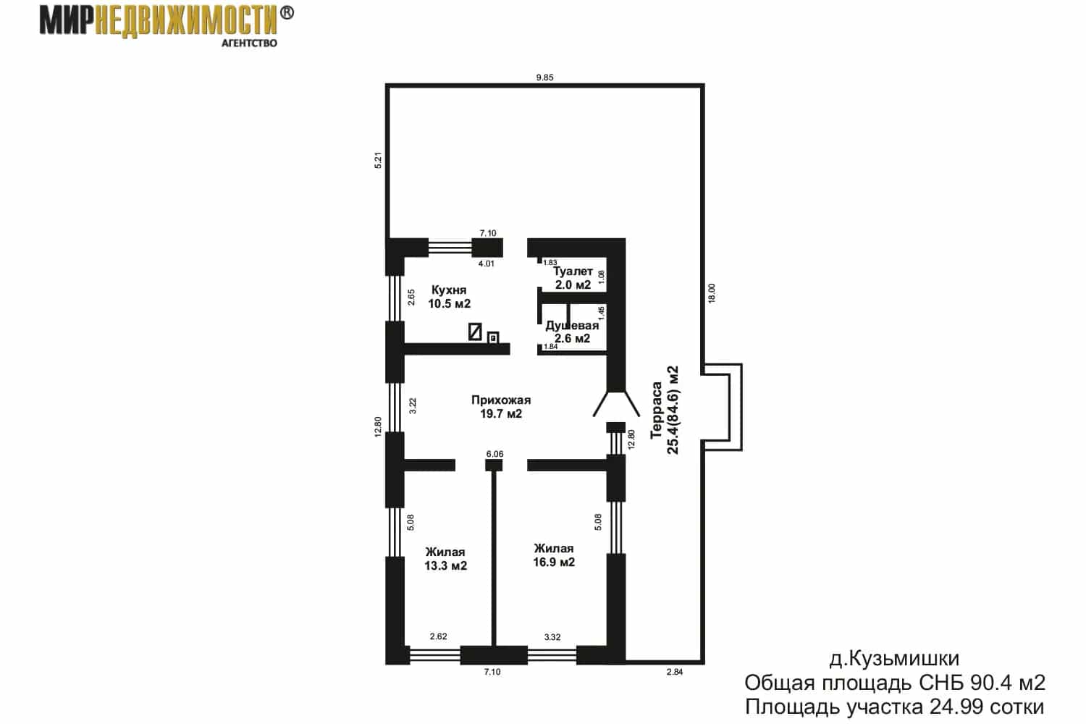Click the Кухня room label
[x=449, y=290]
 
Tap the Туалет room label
[x=573, y=271]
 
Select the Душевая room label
[x=572, y=325]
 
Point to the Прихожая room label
[x=501, y=400]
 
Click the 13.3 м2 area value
[x=445, y=566]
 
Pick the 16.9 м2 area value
[x=554, y=562]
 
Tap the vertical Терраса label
[x=656, y=411]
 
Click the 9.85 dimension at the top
[x=544, y=77]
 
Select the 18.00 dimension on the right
[x=711, y=293]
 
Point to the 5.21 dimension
[x=378, y=160]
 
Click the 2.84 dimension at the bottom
[x=674, y=672]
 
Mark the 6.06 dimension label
[x=494, y=454]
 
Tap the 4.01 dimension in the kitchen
[x=486, y=264]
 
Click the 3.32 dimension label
[x=552, y=636]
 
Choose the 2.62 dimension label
[x=438, y=636]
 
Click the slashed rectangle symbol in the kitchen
[x=475, y=332]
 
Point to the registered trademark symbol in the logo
[x=287, y=13]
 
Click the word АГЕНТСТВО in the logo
[x=249, y=43]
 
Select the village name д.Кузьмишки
[x=894, y=659]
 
